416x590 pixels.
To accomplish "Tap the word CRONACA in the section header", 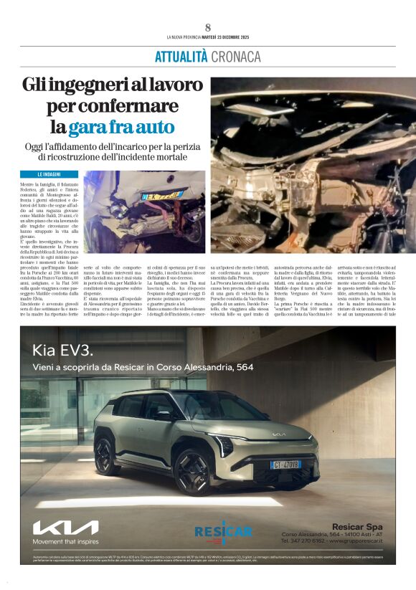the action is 235,57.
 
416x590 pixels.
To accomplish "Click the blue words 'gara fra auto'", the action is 122,128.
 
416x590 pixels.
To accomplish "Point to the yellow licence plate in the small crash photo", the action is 159,194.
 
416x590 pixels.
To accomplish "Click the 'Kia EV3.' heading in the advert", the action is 62,351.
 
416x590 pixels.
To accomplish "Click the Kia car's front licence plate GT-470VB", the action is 285,465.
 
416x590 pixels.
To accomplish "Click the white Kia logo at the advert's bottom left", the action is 65,528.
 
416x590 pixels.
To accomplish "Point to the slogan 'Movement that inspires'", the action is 65,542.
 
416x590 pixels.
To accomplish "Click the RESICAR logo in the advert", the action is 223,531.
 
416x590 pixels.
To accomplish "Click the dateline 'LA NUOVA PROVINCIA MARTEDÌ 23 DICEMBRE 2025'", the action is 207,37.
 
